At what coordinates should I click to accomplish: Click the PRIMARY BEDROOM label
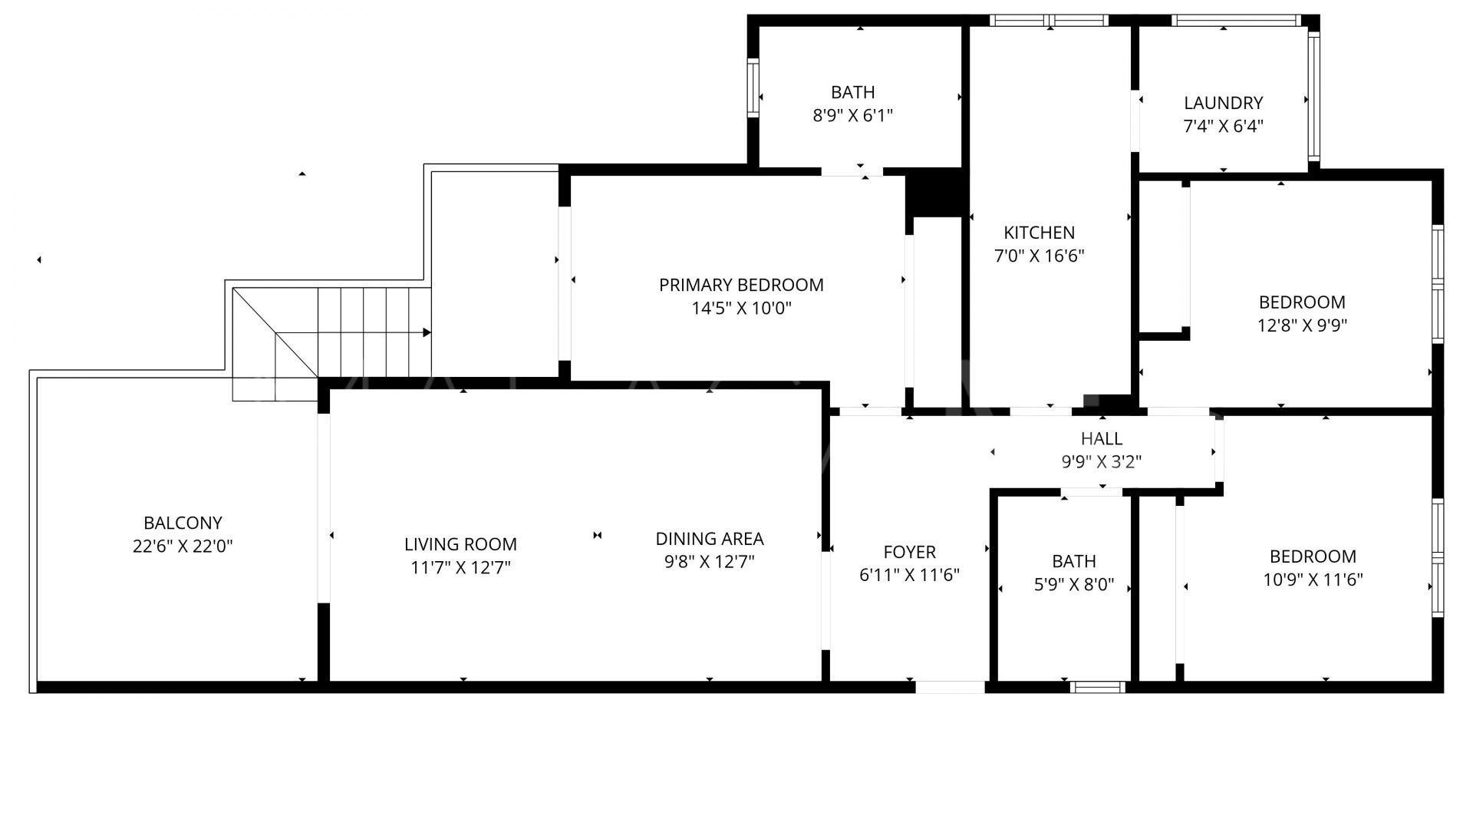point(741,285)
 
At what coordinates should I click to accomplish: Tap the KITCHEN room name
point(1040,233)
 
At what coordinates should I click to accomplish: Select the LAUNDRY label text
point(1223,103)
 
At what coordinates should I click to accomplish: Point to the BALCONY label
point(183,523)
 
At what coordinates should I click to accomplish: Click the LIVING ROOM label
point(460,544)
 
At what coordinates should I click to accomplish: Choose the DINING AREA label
point(710,539)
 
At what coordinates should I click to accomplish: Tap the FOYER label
point(910,552)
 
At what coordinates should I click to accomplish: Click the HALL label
point(1102,438)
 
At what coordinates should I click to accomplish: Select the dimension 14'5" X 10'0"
point(741,309)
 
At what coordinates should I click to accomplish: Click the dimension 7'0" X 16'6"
point(1040,256)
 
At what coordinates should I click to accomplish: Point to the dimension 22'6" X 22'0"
point(183,547)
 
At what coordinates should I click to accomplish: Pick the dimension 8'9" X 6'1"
point(853,116)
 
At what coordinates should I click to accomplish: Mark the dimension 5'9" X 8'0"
point(1074,585)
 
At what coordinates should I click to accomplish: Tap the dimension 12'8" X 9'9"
point(1302,325)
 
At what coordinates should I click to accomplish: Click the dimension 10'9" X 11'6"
point(1313,580)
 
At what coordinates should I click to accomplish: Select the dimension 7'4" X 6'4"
point(1223,126)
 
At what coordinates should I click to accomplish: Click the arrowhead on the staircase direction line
point(427,332)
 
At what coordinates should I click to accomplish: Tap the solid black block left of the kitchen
point(934,192)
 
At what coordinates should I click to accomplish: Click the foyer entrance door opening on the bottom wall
point(951,687)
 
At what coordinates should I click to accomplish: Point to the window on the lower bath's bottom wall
point(1099,687)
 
